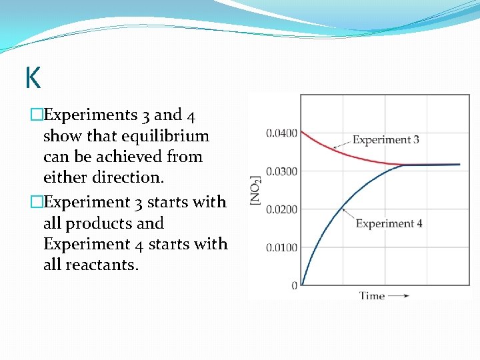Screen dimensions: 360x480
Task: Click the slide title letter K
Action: (x=33, y=78)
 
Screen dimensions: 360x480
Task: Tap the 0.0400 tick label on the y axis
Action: (x=281, y=133)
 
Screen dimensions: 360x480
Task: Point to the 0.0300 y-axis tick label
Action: (x=281, y=171)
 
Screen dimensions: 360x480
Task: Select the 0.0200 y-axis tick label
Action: (x=281, y=209)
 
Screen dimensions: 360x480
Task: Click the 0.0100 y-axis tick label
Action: (x=281, y=247)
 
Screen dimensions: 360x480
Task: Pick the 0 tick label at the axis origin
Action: (x=294, y=285)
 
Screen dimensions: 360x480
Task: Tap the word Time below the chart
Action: (x=372, y=295)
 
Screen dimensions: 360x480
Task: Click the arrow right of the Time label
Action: (x=398, y=295)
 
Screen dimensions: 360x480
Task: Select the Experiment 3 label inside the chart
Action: (x=385, y=140)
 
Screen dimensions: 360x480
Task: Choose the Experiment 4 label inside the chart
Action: (x=389, y=223)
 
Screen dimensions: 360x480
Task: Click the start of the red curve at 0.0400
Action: (x=302, y=132)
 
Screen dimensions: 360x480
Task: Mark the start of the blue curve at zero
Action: (x=302, y=285)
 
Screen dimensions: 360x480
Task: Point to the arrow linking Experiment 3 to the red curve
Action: (x=341, y=143)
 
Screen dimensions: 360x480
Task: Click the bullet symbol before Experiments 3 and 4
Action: (x=36, y=115)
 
